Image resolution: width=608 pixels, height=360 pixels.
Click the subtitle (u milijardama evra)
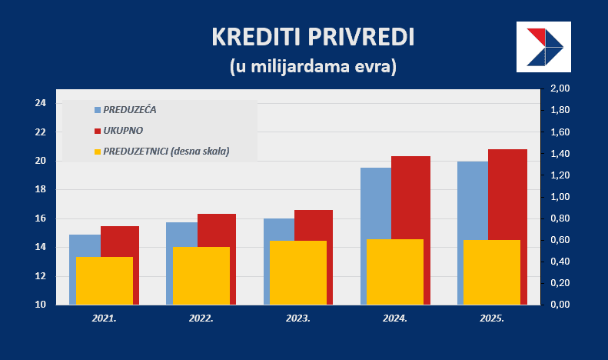[312, 66]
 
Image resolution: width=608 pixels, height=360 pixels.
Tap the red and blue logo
[544, 47]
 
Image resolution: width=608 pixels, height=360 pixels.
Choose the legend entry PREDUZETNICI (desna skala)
[166, 151]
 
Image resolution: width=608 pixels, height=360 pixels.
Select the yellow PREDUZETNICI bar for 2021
[105, 281]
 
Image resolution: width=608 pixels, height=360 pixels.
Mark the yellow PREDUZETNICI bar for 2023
[298, 273]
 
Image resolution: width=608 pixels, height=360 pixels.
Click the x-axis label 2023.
[298, 317]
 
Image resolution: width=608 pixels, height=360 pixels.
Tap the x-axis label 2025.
[492, 317]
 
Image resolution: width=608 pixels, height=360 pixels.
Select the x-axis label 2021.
[105, 317]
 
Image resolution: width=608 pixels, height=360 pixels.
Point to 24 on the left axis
[41, 103]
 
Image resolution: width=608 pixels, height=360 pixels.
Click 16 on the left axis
[41, 218]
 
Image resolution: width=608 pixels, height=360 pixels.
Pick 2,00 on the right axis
[560, 89]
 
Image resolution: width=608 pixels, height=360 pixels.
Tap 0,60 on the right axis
[560, 240]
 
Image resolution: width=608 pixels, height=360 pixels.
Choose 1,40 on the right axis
[560, 154]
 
